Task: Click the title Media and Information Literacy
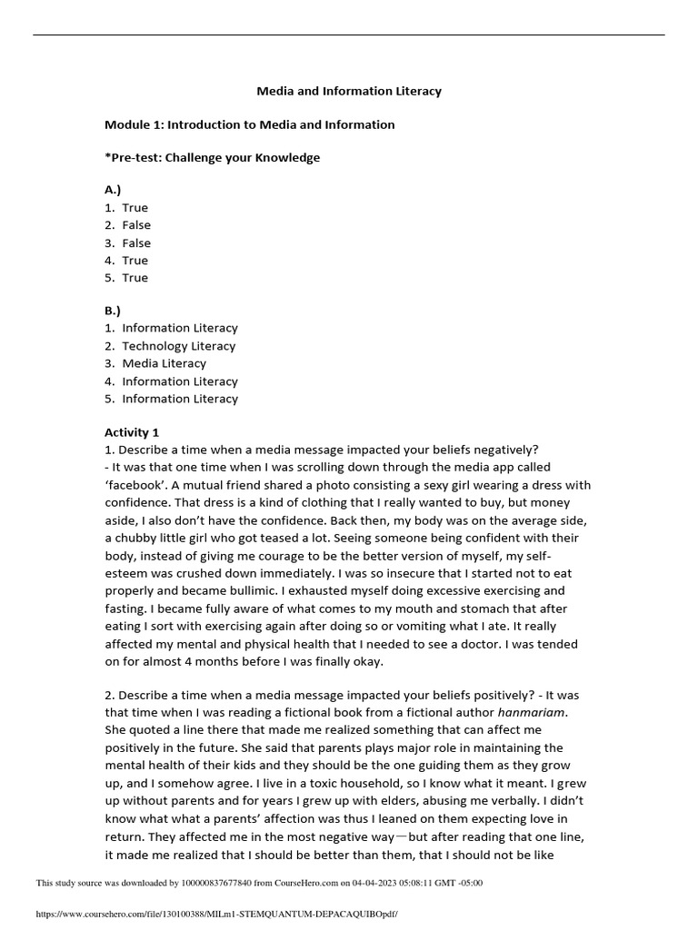pyautogui.click(x=349, y=91)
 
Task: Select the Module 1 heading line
pyautogui.click(x=249, y=124)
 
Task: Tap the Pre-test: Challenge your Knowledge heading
pyautogui.click(x=212, y=157)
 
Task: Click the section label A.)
pyautogui.click(x=114, y=190)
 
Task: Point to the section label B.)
pyautogui.click(x=114, y=310)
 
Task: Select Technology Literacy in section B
pyautogui.click(x=178, y=346)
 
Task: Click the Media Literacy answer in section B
pyautogui.click(x=164, y=363)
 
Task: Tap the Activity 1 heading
pyautogui.click(x=132, y=432)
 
